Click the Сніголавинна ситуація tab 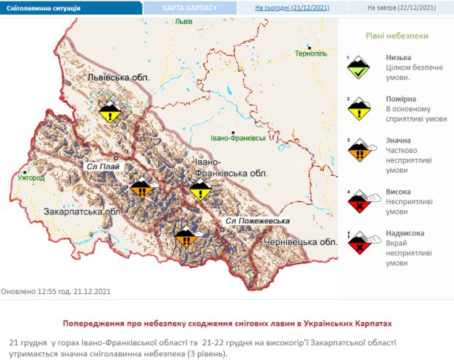coord(44,7)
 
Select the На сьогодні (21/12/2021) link coord(291,7)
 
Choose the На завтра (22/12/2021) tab coord(401,7)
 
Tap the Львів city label coord(183,21)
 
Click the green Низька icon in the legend coord(358,67)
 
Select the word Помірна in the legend coord(400,99)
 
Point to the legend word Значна coord(398,140)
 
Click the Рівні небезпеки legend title coord(397,35)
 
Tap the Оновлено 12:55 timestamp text coord(55,290)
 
